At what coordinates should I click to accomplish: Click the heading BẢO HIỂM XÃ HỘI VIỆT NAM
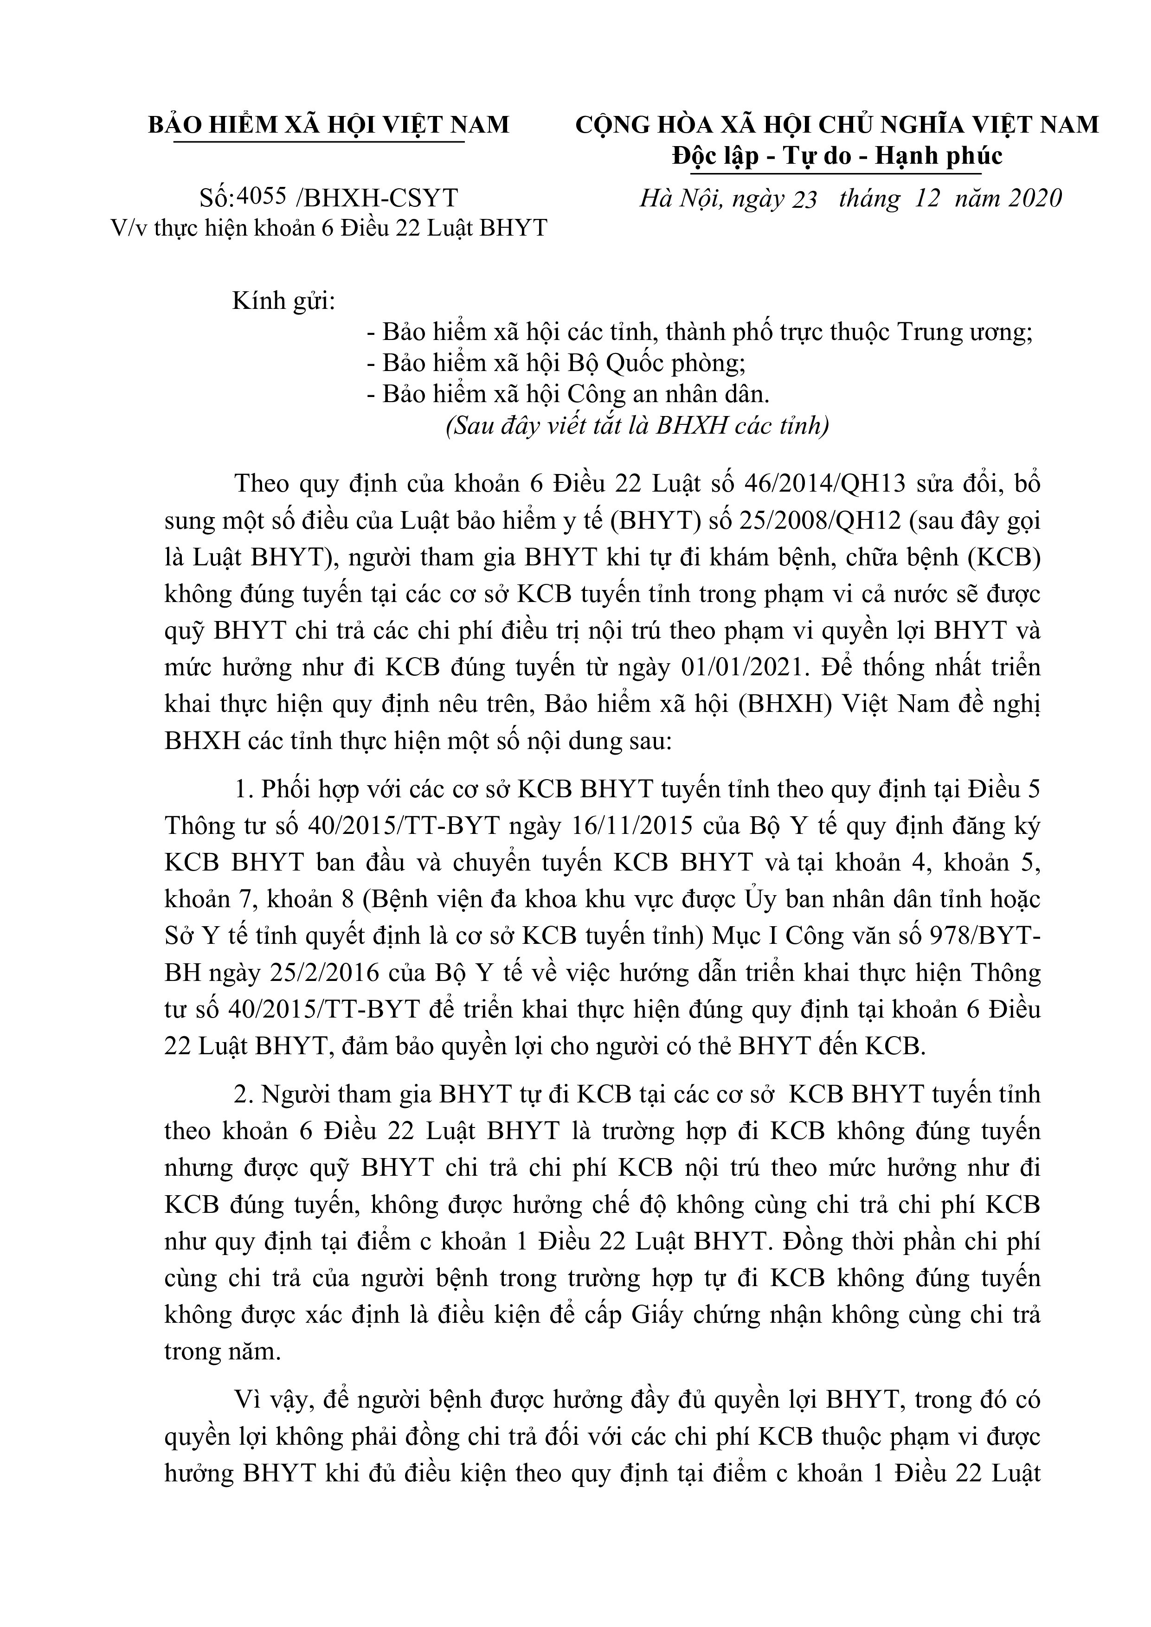tap(328, 125)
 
